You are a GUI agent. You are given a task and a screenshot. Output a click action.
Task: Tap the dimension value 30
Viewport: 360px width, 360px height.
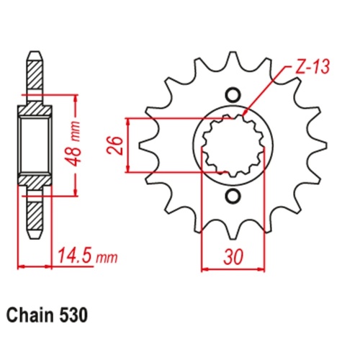[x=232, y=256]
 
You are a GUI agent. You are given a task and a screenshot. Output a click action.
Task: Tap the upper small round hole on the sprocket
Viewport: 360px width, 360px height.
[x=232, y=94]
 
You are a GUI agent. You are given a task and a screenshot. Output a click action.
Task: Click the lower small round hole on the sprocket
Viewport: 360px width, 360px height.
[x=232, y=197]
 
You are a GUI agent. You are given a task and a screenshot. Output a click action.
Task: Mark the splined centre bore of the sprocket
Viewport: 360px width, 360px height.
[x=232, y=145]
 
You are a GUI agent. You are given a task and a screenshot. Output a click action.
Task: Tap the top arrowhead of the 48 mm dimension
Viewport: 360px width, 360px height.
[x=76, y=96]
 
